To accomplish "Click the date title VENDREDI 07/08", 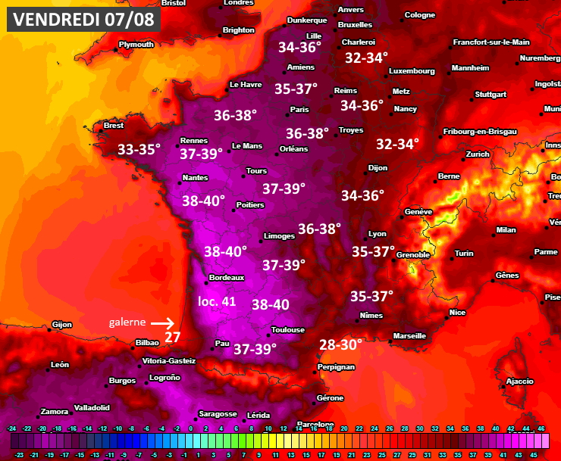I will (x=83, y=19).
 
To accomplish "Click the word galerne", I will (x=126, y=322).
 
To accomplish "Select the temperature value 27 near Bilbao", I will (x=172, y=337).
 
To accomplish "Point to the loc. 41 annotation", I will (x=217, y=301).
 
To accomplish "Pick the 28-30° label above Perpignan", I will (x=341, y=344).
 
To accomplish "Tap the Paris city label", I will (x=299, y=110).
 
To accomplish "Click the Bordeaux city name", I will (x=227, y=278).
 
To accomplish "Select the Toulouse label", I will (x=288, y=330).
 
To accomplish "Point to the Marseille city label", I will (x=409, y=335).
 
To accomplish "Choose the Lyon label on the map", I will (x=377, y=234).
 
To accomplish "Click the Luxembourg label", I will (x=412, y=71).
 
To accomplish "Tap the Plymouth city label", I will (x=136, y=45).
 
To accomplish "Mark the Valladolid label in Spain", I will (x=92, y=407).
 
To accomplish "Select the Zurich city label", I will (x=478, y=154).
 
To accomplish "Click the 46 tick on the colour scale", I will (x=541, y=428).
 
